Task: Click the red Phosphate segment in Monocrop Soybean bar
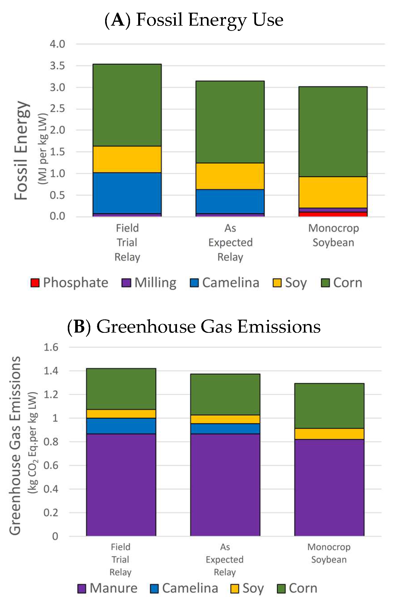(333, 214)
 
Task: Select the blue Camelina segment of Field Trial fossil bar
(127, 193)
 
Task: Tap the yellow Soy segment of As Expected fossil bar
(230, 176)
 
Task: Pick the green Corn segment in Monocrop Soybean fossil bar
(333, 132)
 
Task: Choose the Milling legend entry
(149, 283)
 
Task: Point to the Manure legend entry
(108, 588)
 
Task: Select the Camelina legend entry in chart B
(184, 588)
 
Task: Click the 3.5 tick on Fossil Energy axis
(57, 66)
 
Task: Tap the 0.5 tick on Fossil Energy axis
(57, 195)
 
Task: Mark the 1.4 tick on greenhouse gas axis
(51, 371)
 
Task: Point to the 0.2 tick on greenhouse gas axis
(51, 513)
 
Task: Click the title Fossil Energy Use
(194, 20)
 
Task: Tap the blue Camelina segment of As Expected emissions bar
(225, 429)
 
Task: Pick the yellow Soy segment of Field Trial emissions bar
(121, 414)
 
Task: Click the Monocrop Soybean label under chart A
(333, 235)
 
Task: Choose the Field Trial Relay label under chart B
(120, 559)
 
